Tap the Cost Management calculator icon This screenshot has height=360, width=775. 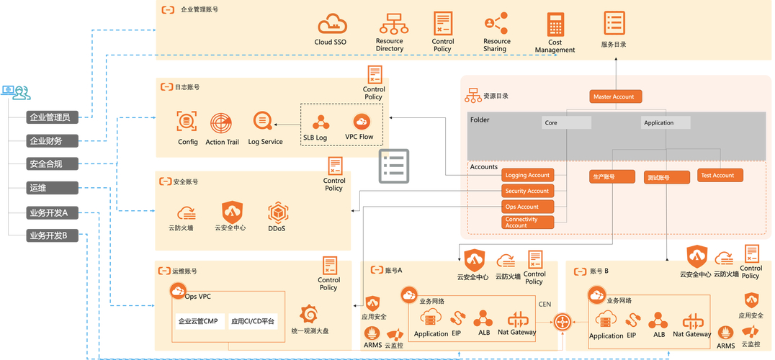click(555, 24)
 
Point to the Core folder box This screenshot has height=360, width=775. click(566, 123)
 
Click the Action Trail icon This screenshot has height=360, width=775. click(222, 122)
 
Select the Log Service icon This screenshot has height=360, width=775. click(262, 121)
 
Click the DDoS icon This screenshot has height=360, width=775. click(278, 212)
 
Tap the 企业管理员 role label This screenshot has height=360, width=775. click(49, 117)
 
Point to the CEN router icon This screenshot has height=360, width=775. click(563, 322)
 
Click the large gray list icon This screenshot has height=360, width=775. click(394, 166)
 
